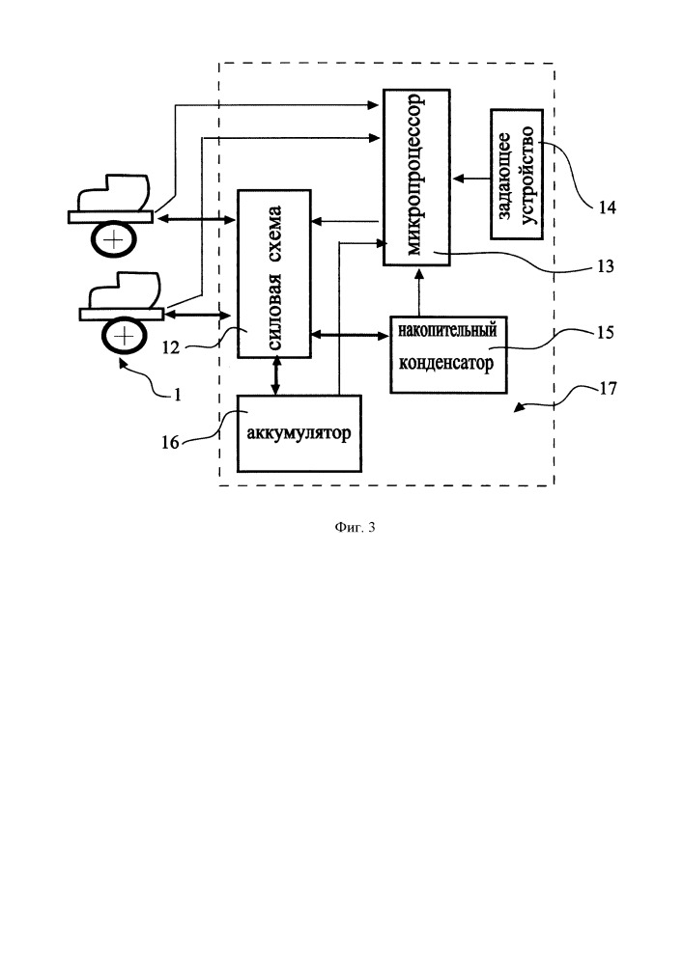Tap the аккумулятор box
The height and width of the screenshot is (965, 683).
point(299,432)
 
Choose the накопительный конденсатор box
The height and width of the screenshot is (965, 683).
point(448,353)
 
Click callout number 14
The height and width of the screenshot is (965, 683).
point(607,207)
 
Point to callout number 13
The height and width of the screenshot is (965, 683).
point(606,266)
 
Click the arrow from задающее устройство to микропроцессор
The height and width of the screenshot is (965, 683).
point(472,178)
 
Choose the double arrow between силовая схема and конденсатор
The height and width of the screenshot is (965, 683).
point(350,336)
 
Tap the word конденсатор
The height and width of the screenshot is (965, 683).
point(448,366)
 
